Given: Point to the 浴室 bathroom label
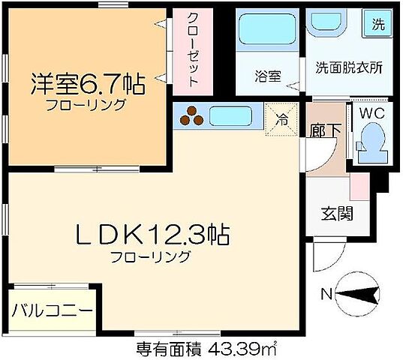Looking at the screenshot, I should pos(268,75).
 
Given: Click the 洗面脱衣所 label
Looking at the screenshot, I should pos(347,66).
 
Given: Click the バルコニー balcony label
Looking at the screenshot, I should pos(52,310).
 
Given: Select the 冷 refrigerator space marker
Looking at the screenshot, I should pos(280,118).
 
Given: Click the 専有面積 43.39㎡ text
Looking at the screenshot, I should pos(200,349).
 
